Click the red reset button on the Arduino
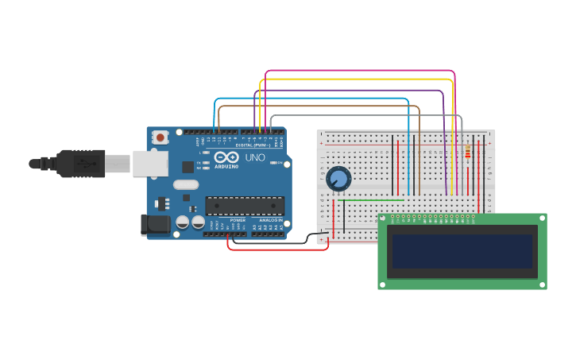coord(160,137)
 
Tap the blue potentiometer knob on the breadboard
coord(338,179)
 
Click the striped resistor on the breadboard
coord(467,153)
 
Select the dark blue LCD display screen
coord(462,251)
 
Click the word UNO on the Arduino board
coord(255,157)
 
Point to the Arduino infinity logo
coord(226,157)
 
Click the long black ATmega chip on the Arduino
coord(245,206)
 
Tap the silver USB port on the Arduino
coord(149,164)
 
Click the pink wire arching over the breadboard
coord(358,71)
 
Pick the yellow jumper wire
coord(358,79)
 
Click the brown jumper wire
coord(318,106)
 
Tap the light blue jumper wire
coord(310,99)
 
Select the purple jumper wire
coord(350,90)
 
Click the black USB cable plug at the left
coord(79,164)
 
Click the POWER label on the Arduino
coord(238,220)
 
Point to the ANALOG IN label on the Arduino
coord(269,220)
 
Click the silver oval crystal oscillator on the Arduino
coord(185,185)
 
